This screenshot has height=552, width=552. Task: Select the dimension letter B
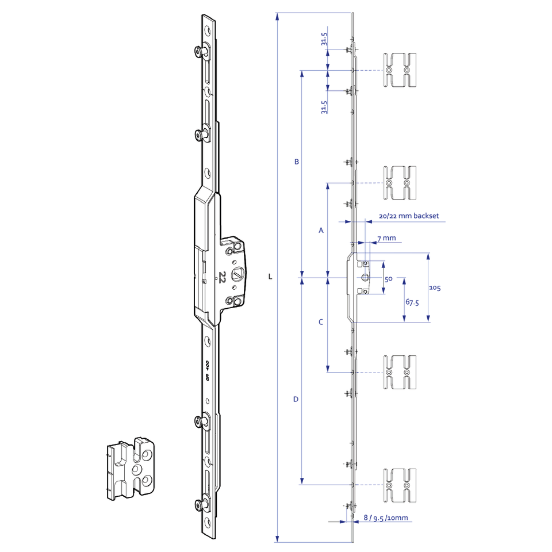coord(296,162)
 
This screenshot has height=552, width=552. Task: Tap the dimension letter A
coord(321,230)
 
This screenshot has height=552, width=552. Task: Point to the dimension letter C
coord(321,322)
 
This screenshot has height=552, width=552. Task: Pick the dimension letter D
coord(296,398)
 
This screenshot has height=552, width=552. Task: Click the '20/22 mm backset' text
coord(409,216)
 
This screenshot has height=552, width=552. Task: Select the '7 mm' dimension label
coord(386,238)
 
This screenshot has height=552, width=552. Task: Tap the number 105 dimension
coord(435,287)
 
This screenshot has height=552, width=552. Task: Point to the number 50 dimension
coord(388,279)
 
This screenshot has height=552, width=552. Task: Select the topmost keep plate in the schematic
coord(398,70)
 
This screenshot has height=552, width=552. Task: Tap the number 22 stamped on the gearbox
coord(221,278)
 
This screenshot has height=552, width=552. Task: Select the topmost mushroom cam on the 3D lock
coord(199,52)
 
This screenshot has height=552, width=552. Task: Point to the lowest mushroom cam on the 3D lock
coord(199,505)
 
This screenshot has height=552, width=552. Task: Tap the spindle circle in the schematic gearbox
coord(366,278)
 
